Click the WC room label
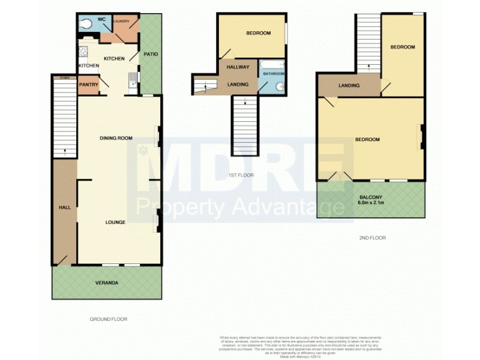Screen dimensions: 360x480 (102, 19)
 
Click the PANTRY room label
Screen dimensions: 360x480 (88, 85)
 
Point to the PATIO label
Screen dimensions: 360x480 (151, 55)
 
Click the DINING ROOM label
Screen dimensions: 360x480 (116, 138)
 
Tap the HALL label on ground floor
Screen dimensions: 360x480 (64, 207)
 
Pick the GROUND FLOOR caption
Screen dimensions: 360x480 (108, 319)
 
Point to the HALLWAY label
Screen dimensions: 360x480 (238, 67)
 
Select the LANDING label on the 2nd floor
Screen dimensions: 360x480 (349, 86)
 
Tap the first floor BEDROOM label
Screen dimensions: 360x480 (258, 33)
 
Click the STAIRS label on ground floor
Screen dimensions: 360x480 (63, 77)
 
